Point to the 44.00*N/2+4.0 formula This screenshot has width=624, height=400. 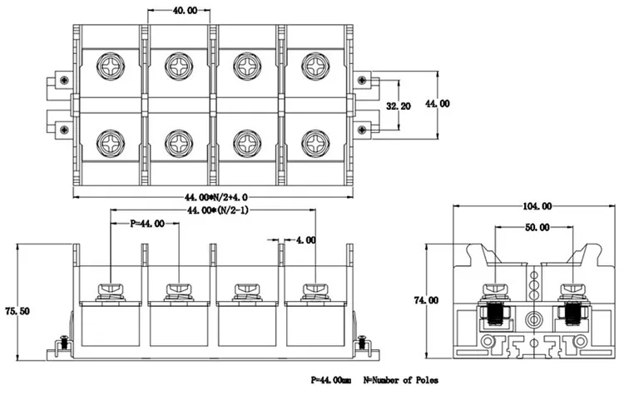(x=216, y=197)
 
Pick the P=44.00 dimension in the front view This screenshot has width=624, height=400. (x=147, y=225)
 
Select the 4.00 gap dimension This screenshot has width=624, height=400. (x=305, y=240)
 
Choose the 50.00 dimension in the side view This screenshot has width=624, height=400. (x=537, y=227)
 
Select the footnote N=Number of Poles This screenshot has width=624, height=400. (x=401, y=380)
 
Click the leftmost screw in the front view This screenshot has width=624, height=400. (x=111, y=291)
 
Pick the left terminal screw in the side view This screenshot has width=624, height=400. (x=496, y=291)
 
